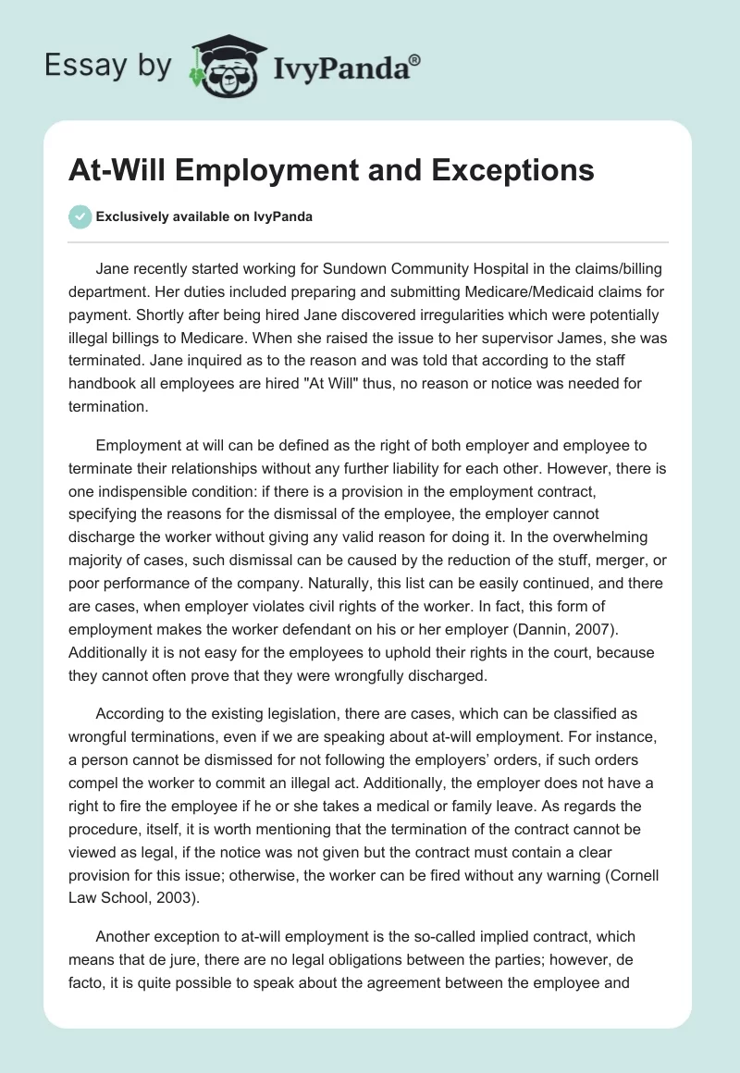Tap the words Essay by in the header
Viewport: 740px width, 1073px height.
108,66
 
